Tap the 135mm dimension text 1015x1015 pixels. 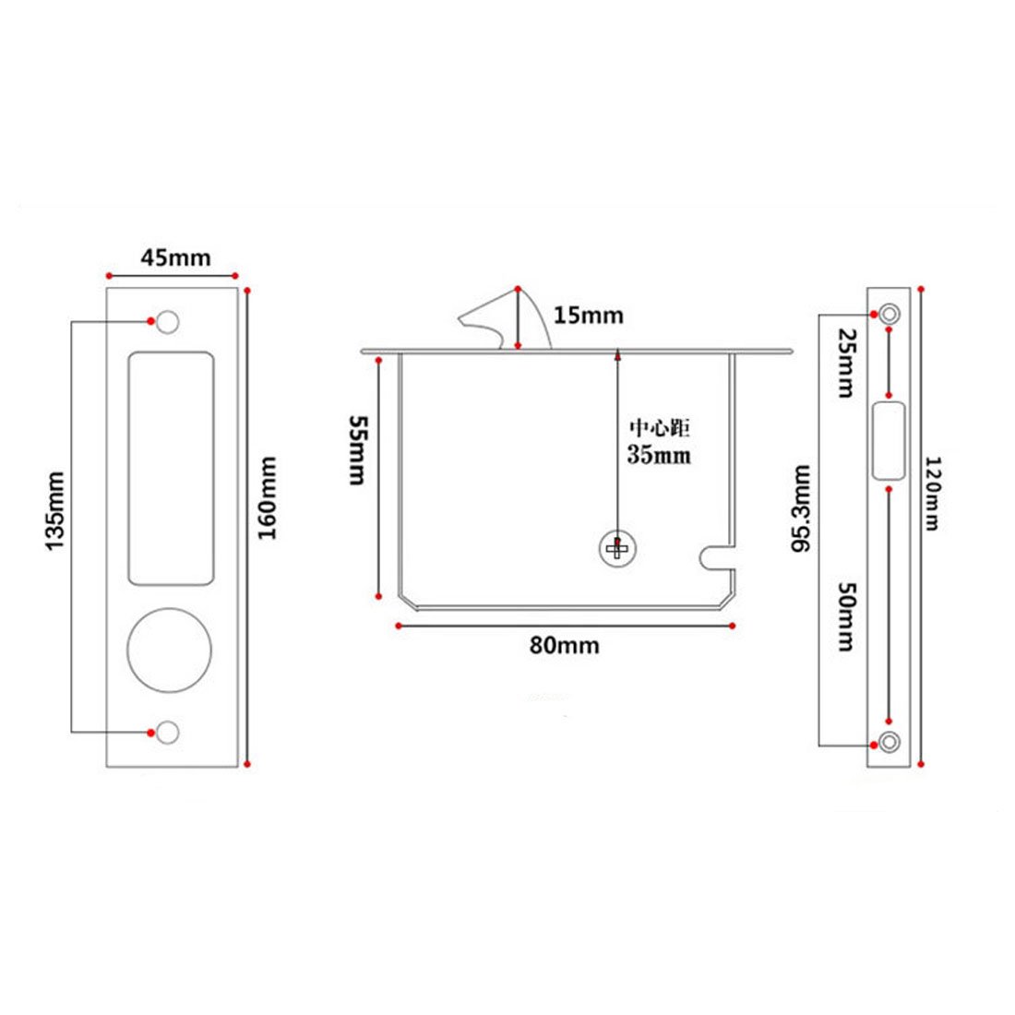56,511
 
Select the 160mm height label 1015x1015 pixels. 269,498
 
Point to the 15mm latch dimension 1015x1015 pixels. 588,316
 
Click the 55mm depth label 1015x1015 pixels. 357,450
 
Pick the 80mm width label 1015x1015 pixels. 564,645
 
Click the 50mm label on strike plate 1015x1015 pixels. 845,616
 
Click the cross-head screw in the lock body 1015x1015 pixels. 616,550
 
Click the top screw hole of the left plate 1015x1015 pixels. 167,321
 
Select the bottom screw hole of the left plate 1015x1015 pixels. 167,733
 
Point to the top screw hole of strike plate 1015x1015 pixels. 889,314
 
